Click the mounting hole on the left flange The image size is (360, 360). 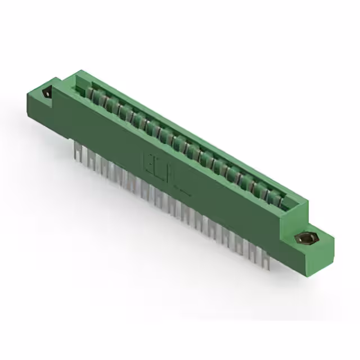[x=46, y=94]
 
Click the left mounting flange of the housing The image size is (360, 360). [x=42, y=104]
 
